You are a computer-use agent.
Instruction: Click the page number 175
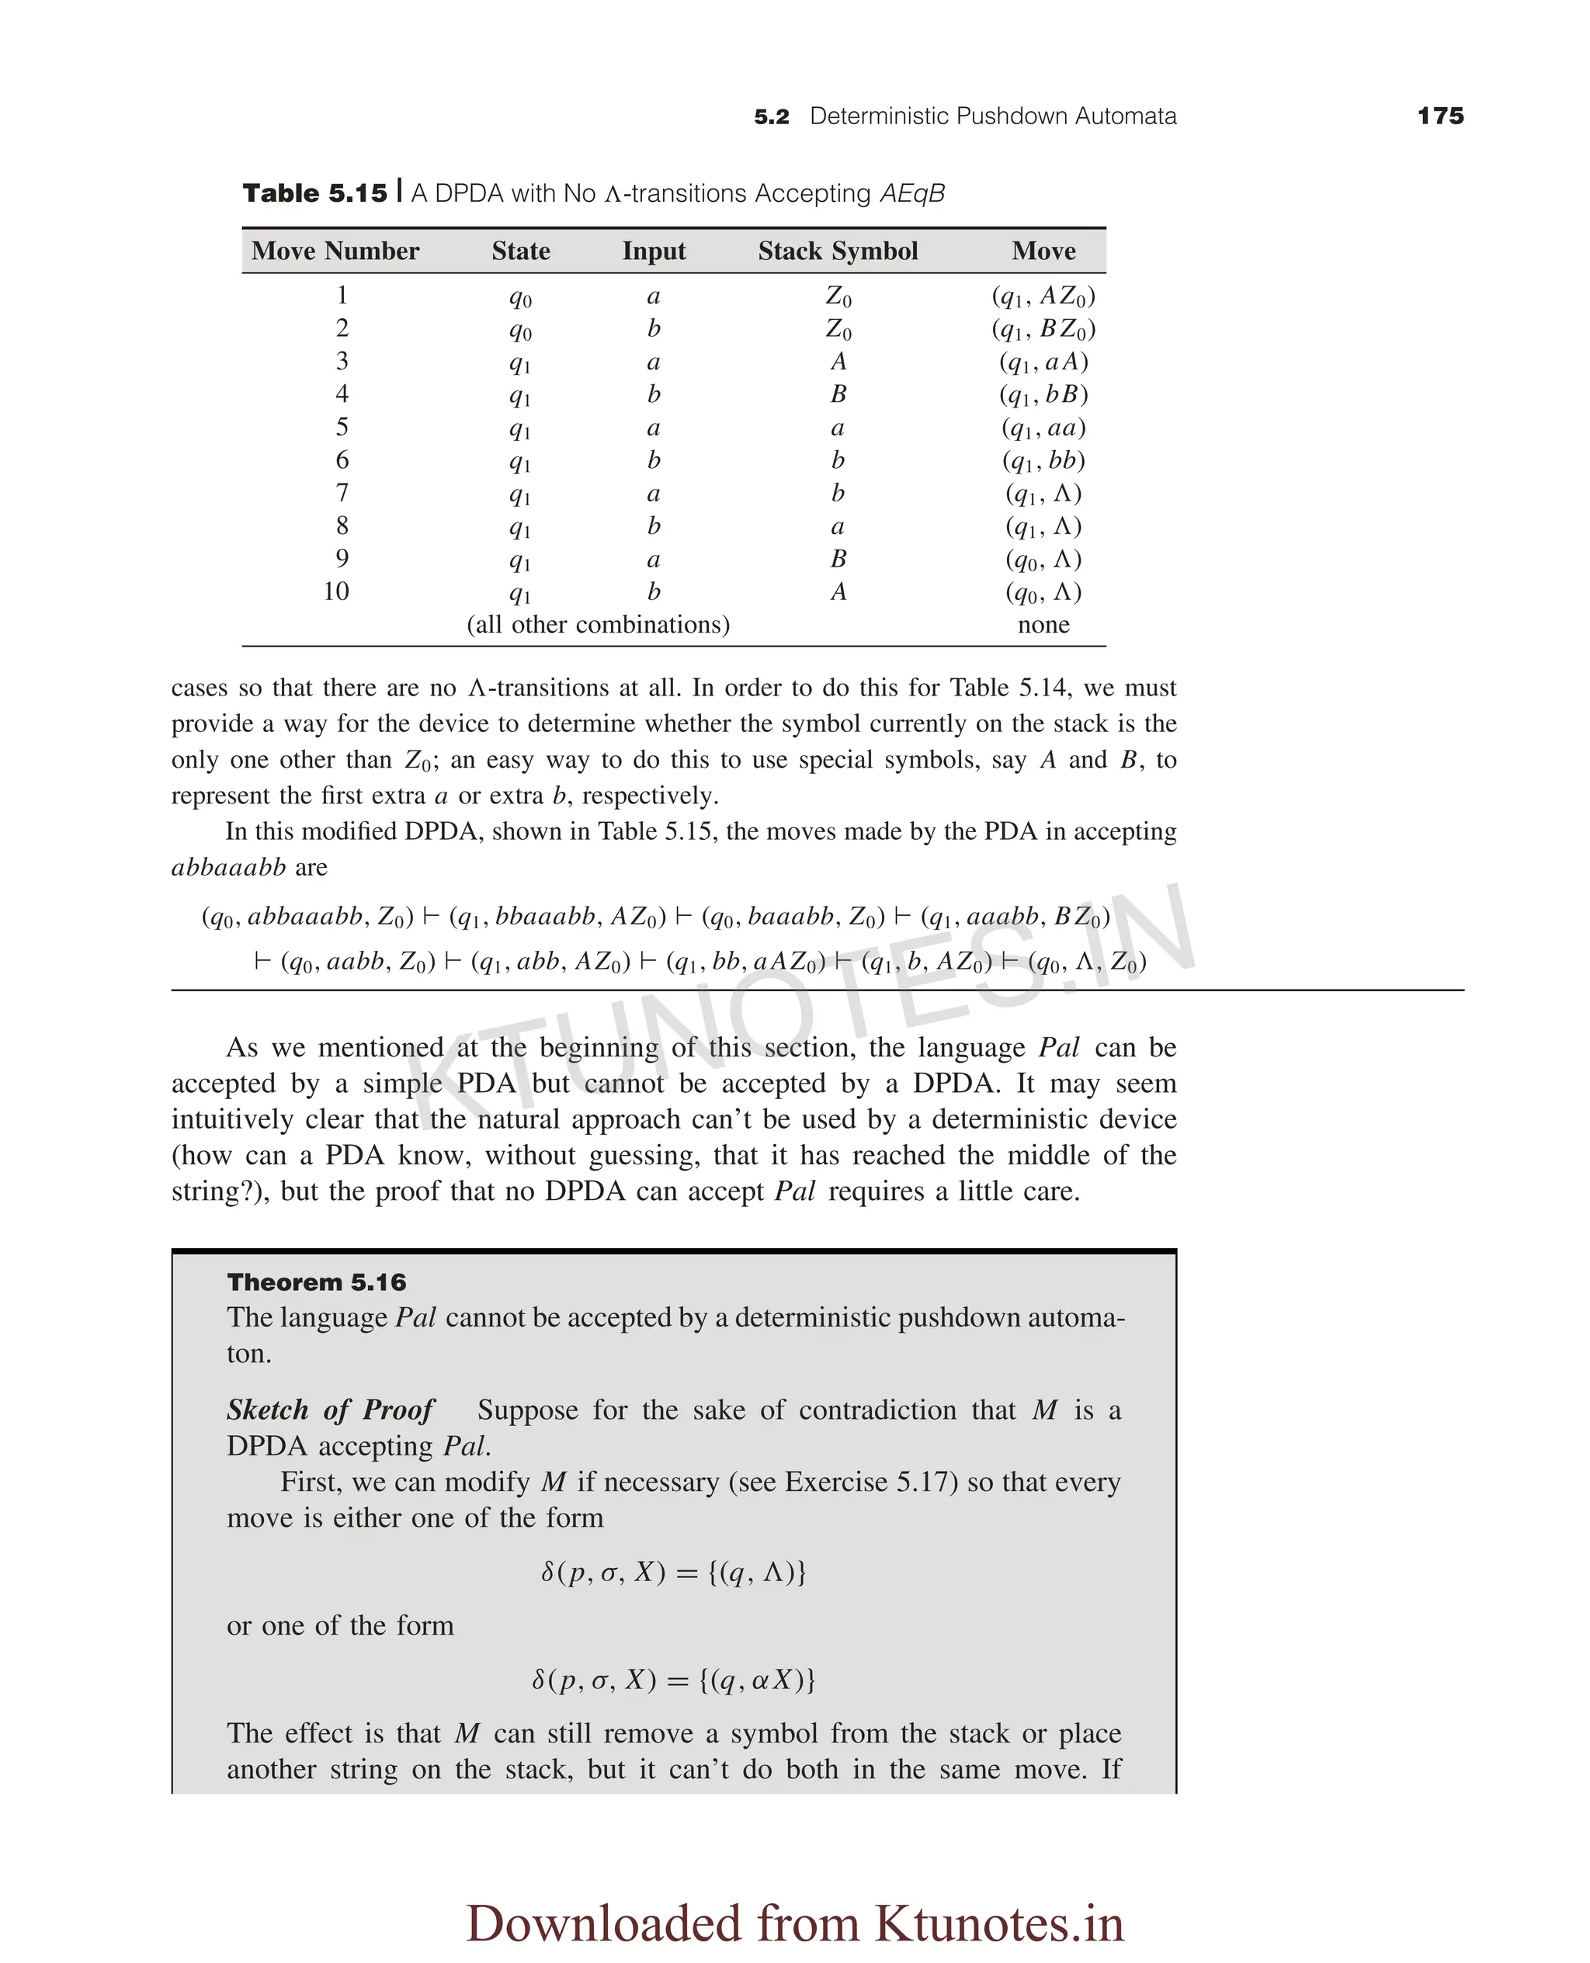pyautogui.click(x=1440, y=116)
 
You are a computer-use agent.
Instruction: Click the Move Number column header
pyautogui.click(x=335, y=251)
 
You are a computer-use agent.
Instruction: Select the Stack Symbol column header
pyautogui.click(x=837, y=251)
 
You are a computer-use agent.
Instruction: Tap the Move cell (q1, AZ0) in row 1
pyautogui.click(x=1043, y=296)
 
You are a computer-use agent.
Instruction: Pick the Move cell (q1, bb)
pyautogui.click(x=1043, y=460)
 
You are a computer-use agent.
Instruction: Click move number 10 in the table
pyautogui.click(x=336, y=591)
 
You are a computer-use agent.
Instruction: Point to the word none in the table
pyautogui.click(x=1043, y=624)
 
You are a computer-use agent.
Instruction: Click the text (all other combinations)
pyautogui.click(x=598, y=624)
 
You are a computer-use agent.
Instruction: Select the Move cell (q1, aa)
pyautogui.click(x=1043, y=428)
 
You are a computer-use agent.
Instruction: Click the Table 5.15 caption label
pyautogui.click(x=315, y=193)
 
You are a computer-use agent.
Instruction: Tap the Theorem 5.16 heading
pyautogui.click(x=316, y=1281)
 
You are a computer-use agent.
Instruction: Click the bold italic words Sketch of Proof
pyautogui.click(x=330, y=1410)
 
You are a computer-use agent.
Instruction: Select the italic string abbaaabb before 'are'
pyautogui.click(x=229, y=867)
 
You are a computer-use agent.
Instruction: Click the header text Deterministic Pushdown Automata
pyautogui.click(x=993, y=116)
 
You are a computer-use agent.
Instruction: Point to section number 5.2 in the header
pyautogui.click(x=771, y=117)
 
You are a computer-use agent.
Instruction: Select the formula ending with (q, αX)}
pyautogui.click(x=673, y=1680)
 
